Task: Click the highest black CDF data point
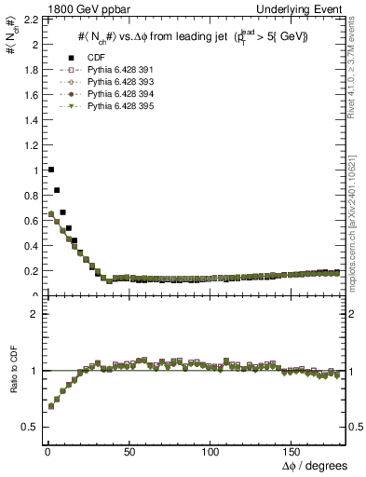point(50,170)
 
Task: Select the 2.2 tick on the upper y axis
point(31,20)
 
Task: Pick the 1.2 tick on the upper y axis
point(31,145)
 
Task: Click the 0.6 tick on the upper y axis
point(31,221)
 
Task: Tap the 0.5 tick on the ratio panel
point(31,427)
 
